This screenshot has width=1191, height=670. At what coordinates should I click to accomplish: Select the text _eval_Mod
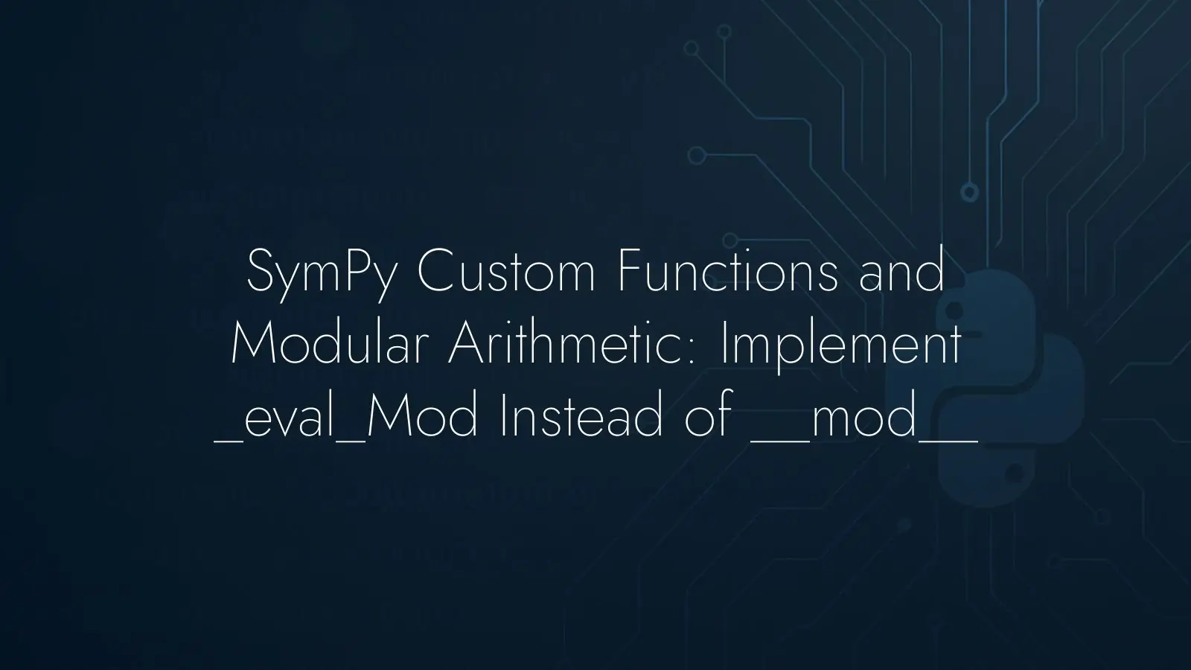pyautogui.click(x=346, y=417)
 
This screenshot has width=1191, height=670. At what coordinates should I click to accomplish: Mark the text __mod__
pyautogui.click(x=864, y=417)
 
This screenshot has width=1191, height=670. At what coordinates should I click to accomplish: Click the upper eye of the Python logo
pyautogui.click(x=954, y=309)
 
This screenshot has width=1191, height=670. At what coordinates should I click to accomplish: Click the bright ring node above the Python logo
pyautogui.click(x=969, y=192)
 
